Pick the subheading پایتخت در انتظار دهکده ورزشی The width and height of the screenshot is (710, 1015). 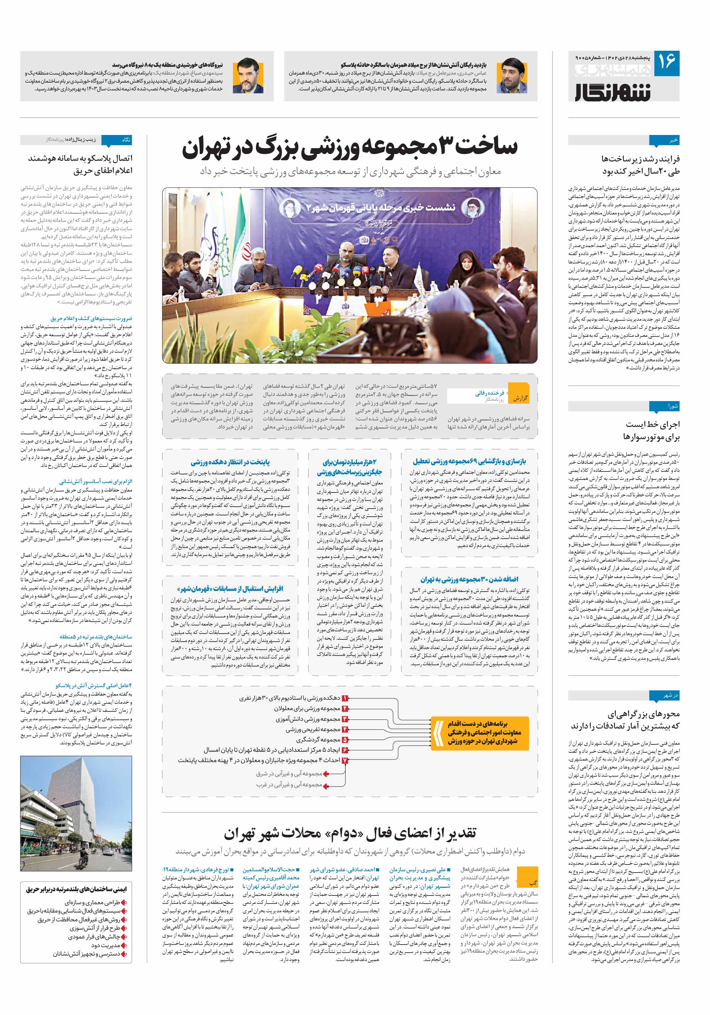[x=230, y=462]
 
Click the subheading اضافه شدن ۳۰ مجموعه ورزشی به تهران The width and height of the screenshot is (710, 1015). [x=469, y=579]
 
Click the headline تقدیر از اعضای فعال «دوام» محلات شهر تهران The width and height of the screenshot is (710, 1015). [x=350, y=833]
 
